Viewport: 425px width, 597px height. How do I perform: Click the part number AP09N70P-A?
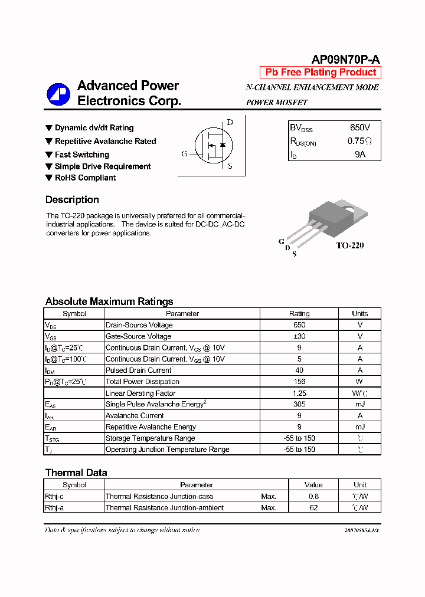coord(345,60)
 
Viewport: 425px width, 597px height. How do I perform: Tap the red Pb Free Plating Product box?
coord(321,73)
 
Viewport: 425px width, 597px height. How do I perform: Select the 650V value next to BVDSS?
coord(360,127)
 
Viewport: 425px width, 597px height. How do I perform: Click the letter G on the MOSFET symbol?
coord(184,154)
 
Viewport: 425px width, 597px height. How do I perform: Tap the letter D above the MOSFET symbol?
coord(230,122)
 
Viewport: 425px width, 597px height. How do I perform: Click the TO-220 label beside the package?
coord(349,245)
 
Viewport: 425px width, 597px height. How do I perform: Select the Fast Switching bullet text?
coord(81,155)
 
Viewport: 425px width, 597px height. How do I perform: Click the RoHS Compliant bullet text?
coord(85,178)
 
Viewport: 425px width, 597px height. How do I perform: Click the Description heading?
coord(72,199)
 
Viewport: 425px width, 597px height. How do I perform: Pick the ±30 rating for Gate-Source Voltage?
coord(299,336)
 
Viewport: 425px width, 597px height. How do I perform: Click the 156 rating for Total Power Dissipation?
coord(299,382)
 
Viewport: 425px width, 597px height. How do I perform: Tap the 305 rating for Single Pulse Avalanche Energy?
coord(299,404)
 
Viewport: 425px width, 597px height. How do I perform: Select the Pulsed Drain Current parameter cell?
coord(139,370)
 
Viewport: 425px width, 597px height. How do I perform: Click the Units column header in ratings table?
coord(359,314)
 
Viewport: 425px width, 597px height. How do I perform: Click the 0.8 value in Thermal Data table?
coord(313,497)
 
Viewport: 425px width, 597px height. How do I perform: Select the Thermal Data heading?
coord(76,473)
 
